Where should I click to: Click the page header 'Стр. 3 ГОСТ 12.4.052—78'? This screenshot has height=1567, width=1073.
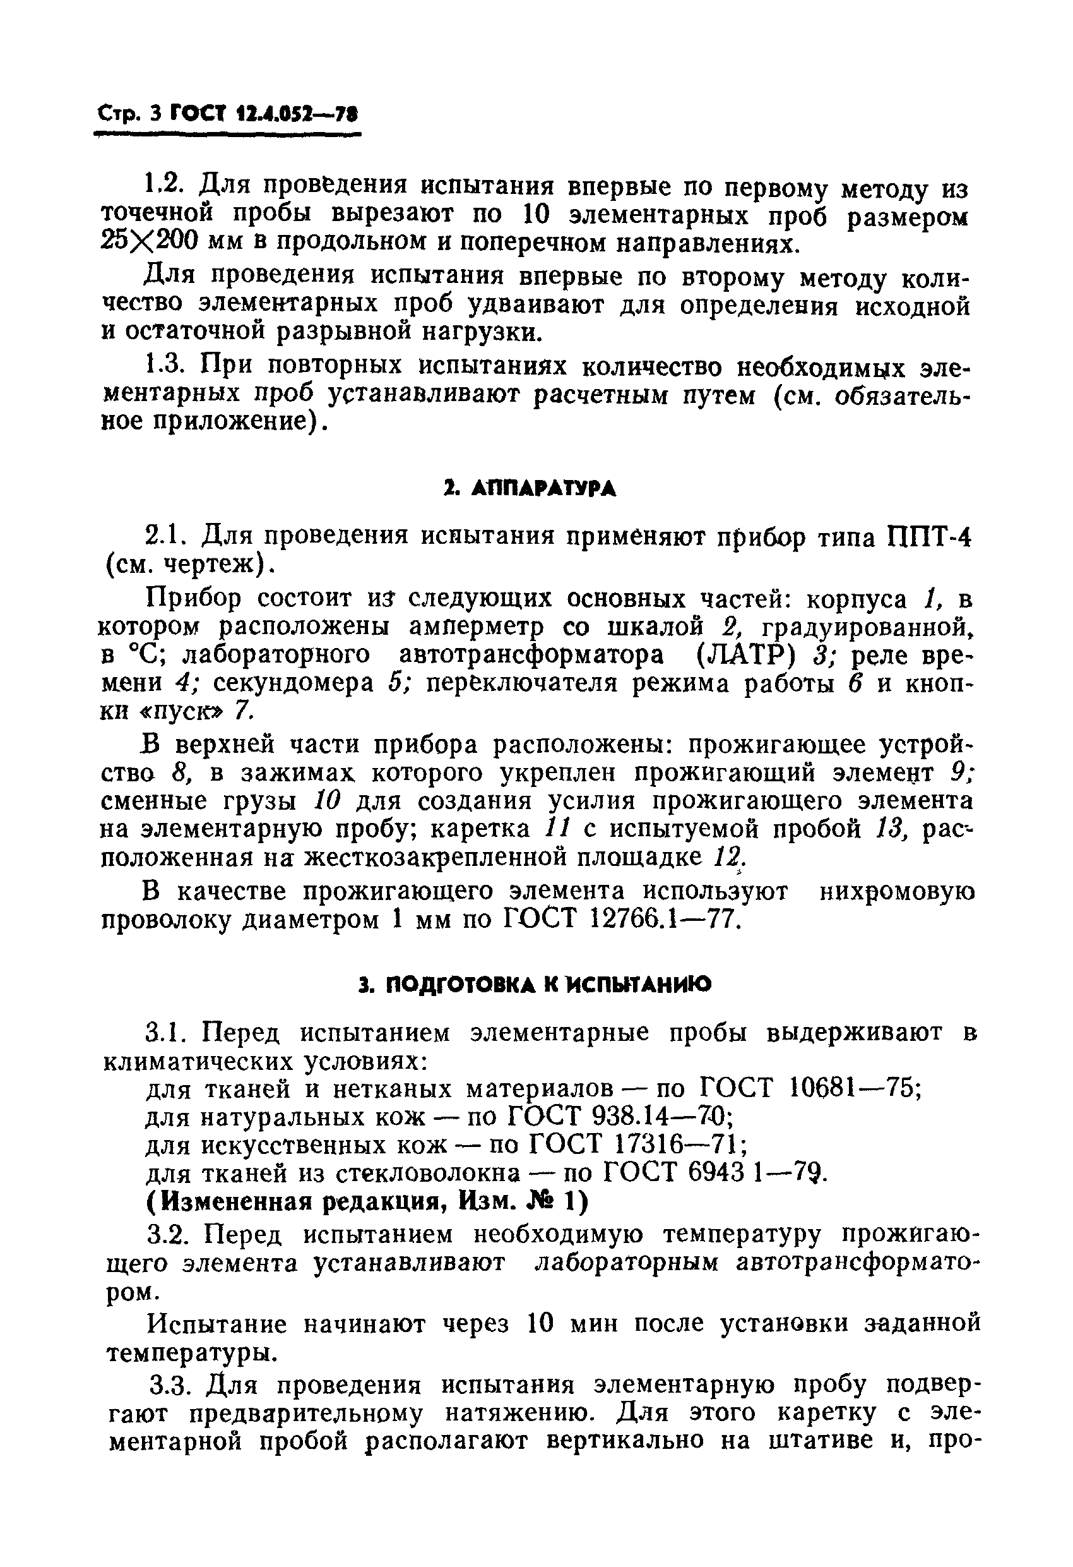coord(227,114)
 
